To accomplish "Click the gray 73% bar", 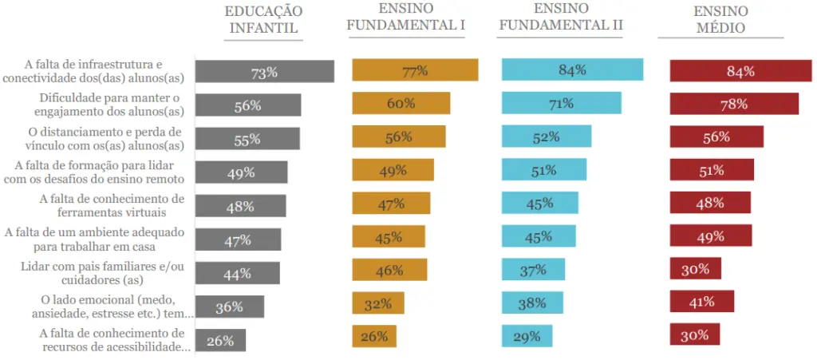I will click(x=264, y=72).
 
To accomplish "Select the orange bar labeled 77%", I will click(x=415, y=70).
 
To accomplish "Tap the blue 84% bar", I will click(x=572, y=70).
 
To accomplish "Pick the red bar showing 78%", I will click(x=734, y=104).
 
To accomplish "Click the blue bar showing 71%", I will click(x=561, y=103).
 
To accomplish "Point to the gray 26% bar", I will click(x=220, y=340).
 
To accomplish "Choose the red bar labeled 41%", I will click(x=701, y=302).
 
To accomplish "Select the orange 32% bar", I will click(x=378, y=303).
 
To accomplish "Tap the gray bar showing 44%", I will click(x=237, y=273).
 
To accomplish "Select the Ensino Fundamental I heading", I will click(x=408, y=17).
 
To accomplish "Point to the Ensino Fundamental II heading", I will click(x=560, y=17).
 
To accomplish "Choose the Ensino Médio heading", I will click(x=720, y=19).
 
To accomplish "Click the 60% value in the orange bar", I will click(x=401, y=104).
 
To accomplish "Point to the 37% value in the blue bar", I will click(x=533, y=270).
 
